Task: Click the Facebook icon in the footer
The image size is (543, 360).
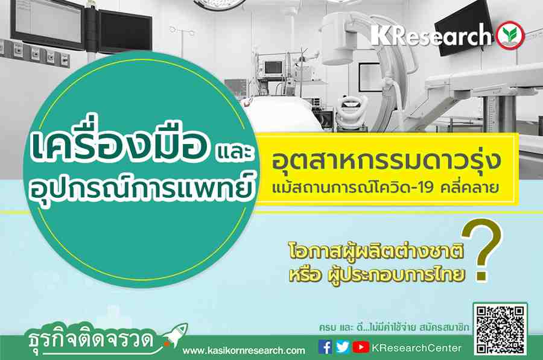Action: click(x=325, y=347)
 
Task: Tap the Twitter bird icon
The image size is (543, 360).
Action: click(x=343, y=347)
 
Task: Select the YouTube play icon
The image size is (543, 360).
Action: click(x=361, y=347)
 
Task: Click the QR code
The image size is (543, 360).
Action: click(x=500, y=330)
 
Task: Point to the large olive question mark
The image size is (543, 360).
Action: click(x=481, y=249)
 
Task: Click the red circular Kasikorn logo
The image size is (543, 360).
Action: click(x=510, y=36)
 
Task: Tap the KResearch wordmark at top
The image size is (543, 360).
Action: click(x=431, y=34)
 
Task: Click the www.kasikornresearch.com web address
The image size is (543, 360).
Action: click(x=244, y=351)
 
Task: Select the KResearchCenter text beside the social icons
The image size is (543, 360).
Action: click(x=416, y=348)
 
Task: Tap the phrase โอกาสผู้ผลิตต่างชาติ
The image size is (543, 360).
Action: click(x=376, y=252)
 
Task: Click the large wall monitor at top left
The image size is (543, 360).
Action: click(x=48, y=22)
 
